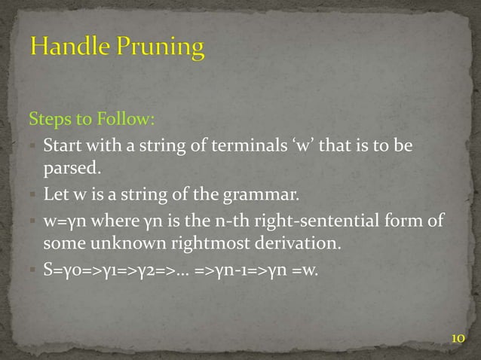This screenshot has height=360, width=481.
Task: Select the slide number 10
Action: [x=458, y=337]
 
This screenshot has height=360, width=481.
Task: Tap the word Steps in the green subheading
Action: [x=47, y=121]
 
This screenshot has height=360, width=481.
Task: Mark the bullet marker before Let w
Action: [x=35, y=199]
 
